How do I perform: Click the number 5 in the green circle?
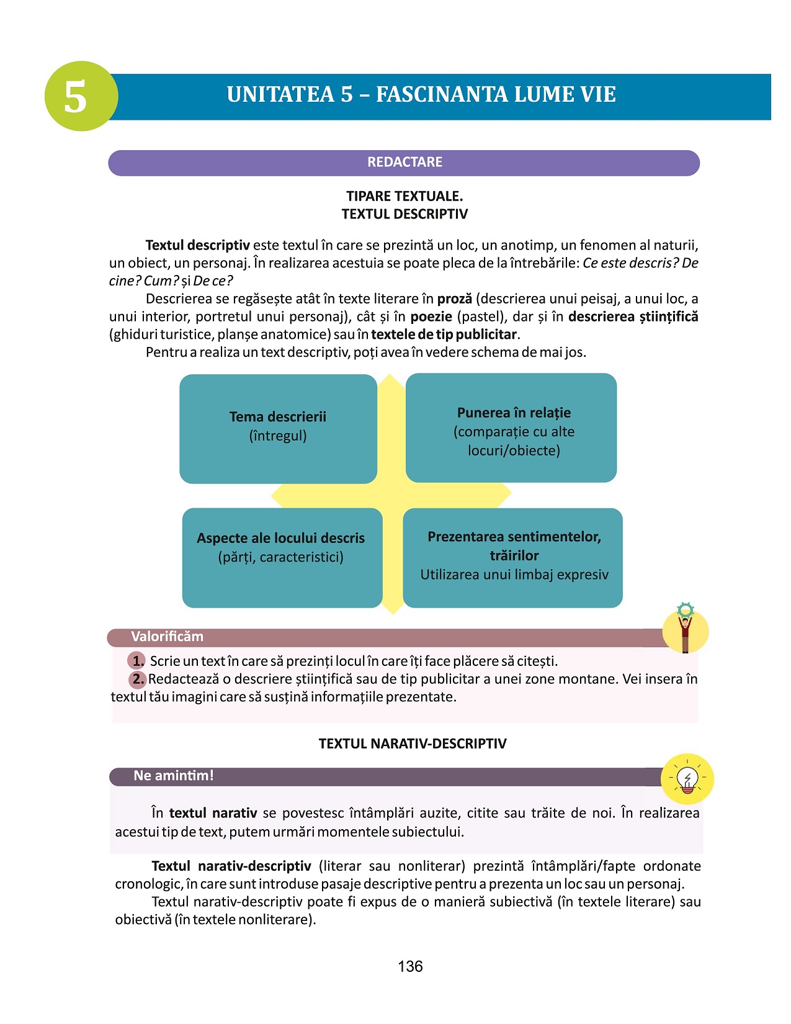pyautogui.click(x=76, y=97)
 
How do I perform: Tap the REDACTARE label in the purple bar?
pyautogui.click(x=404, y=163)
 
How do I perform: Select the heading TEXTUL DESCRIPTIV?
pyautogui.click(x=404, y=214)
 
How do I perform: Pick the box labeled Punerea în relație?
pyautogui.click(x=513, y=429)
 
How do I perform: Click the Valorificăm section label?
pyautogui.click(x=167, y=637)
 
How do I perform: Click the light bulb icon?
pyautogui.click(x=687, y=779)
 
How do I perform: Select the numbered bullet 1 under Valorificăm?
pyautogui.click(x=137, y=661)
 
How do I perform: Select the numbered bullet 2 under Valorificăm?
pyautogui.click(x=138, y=679)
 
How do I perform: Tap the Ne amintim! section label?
pyautogui.click(x=173, y=776)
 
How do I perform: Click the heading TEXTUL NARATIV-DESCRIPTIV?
pyautogui.click(x=413, y=743)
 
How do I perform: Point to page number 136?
pyautogui.click(x=410, y=966)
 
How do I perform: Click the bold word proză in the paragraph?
pyautogui.click(x=454, y=299)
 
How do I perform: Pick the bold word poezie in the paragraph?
pyautogui.click(x=431, y=317)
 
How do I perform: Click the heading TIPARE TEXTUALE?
pyautogui.click(x=404, y=196)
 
